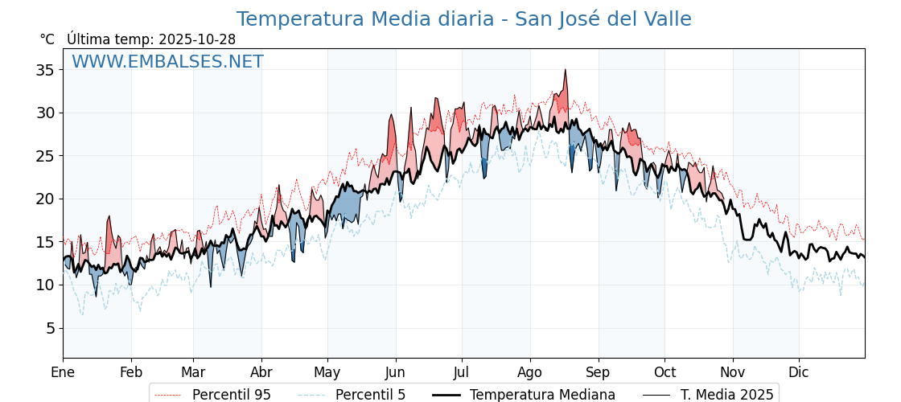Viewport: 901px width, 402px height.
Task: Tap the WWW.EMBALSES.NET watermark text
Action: tap(167, 62)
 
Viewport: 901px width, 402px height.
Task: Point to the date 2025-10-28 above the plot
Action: tap(197, 39)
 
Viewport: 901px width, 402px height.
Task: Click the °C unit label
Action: tap(47, 39)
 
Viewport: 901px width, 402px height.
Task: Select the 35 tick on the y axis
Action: tap(45, 70)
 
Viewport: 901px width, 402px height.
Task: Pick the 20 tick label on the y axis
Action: tap(45, 199)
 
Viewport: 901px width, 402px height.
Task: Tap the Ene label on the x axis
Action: tap(63, 372)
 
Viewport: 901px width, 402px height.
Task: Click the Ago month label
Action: tap(530, 372)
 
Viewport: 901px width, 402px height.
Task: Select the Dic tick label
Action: tap(799, 372)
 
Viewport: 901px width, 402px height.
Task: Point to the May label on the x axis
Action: tap(327, 372)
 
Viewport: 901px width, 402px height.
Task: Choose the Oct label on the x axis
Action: tap(664, 372)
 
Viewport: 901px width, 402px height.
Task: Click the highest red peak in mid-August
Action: tap(566, 71)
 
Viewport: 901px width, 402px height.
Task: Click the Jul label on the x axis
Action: tap(462, 372)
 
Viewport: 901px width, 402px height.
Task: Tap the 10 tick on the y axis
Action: tap(45, 285)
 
